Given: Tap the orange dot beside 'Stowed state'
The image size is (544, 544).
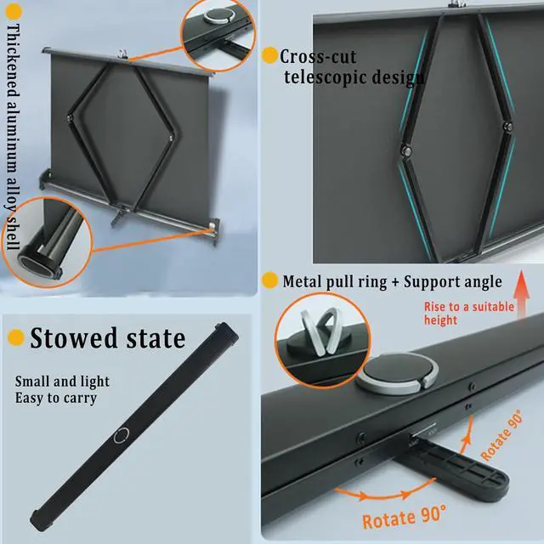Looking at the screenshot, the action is [15, 337].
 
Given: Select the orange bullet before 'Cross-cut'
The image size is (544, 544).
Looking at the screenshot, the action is [269, 56].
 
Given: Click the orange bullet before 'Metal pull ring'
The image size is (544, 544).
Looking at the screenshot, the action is [269, 280].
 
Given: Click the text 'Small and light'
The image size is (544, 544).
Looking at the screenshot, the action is [62, 382].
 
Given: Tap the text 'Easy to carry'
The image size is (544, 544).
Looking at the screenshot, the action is [56, 398].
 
